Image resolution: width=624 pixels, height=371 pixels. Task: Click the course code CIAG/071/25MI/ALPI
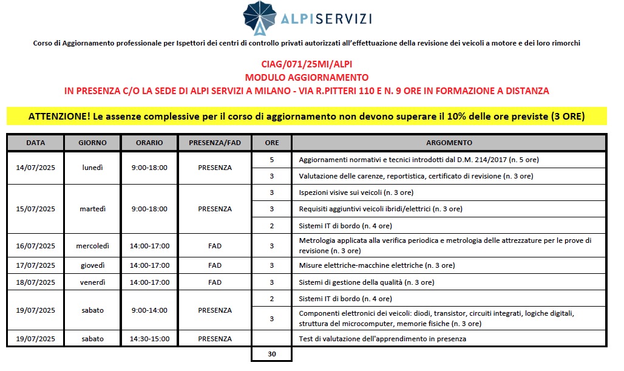pyautogui.click(x=307, y=64)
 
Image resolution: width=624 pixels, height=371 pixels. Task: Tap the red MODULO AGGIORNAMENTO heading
pyautogui.click(x=307, y=77)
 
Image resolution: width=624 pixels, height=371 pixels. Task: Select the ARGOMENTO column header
pyautogui.click(x=449, y=143)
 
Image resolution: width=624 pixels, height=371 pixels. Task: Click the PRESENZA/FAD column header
pyautogui.click(x=214, y=143)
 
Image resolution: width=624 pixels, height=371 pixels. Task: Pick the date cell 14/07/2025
pyautogui.click(x=35, y=168)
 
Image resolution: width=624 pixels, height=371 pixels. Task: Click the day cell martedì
pyautogui.click(x=93, y=209)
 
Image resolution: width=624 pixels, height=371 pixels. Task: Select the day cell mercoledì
pyautogui.click(x=93, y=246)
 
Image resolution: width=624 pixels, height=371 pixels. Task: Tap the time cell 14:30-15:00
pyautogui.click(x=149, y=339)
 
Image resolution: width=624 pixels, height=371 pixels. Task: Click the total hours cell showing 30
pyautogui.click(x=271, y=353)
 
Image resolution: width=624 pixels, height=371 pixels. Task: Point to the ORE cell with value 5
pyautogui.click(x=271, y=160)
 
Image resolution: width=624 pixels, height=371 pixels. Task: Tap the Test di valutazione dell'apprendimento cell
pyautogui.click(x=382, y=339)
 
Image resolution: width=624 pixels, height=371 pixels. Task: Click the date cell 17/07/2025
pyautogui.click(x=35, y=265)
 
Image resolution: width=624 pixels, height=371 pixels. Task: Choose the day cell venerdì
pyautogui.click(x=93, y=282)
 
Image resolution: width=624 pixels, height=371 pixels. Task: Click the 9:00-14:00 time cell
pyautogui.click(x=149, y=310)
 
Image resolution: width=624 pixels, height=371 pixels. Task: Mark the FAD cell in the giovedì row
pyautogui.click(x=214, y=265)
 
